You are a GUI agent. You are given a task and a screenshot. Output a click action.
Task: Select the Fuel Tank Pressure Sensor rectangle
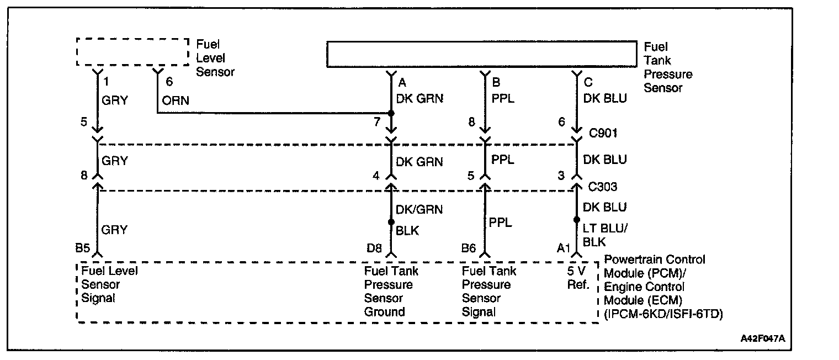[x=481, y=54]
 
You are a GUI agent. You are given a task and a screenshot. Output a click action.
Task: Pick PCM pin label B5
[x=83, y=249]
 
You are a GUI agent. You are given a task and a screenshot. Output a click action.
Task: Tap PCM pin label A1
[x=563, y=249]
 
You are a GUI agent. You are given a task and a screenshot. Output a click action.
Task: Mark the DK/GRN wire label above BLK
[x=419, y=209]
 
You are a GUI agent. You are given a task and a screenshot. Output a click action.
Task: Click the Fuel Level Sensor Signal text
[x=109, y=284]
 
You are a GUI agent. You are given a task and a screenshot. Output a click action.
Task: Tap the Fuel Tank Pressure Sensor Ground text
[x=391, y=292]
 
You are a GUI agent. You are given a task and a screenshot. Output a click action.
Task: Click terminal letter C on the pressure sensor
[x=588, y=83]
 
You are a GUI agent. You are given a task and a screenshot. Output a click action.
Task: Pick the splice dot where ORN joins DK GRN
[x=391, y=113]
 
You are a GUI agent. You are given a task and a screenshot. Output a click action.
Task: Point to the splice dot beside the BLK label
[x=391, y=222]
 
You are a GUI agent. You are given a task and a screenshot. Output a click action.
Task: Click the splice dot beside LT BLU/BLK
[x=576, y=219]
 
